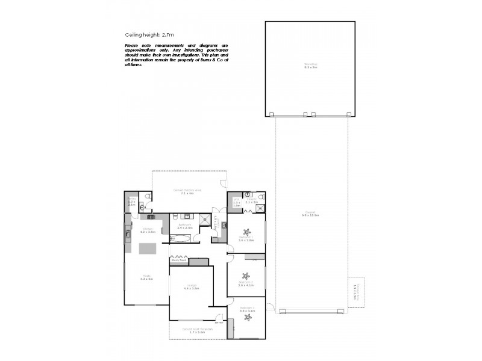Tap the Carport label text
[x=310, y=213]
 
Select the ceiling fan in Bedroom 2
[x=245, y=277]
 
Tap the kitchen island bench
[x=147, y=248]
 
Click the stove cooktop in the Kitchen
[x=150, y=216]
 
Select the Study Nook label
[x=178, y=261]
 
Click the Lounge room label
[x=191, y=286]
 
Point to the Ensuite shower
[x=260, y=208]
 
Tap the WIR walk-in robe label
[x=236, y=202]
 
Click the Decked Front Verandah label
[x=198, y=329]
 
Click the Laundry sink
[x=224, y=226]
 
